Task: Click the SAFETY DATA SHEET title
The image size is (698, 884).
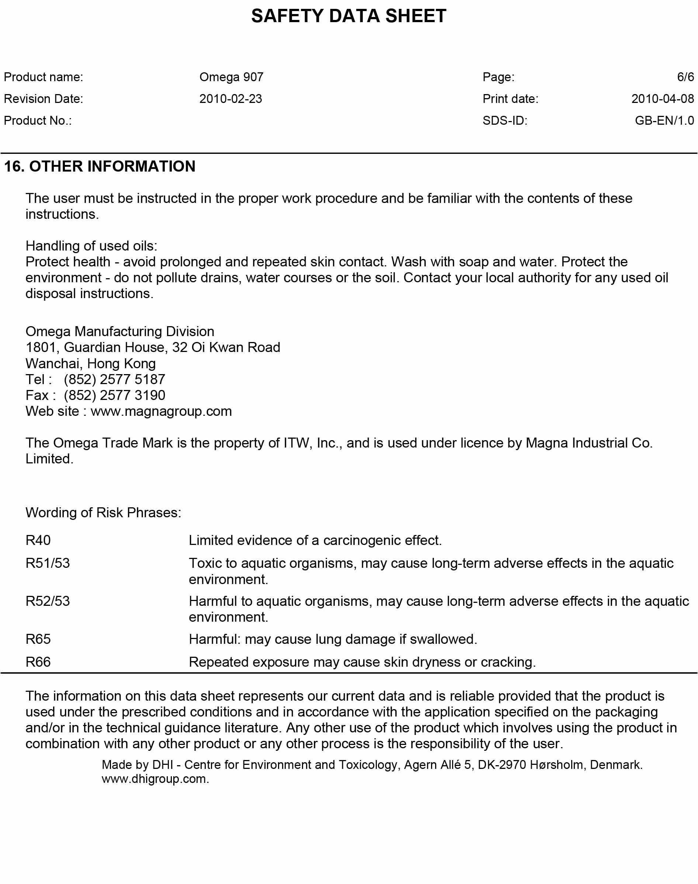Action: [x=348, y=16]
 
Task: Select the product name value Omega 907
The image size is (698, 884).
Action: [x=231, y=77]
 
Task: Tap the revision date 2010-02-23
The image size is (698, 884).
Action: [x=230, y=99]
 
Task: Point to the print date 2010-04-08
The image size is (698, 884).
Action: [x=663, y=99]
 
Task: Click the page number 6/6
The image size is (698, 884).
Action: [x=685, y=77]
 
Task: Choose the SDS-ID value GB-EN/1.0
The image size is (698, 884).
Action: [x=664, y=121]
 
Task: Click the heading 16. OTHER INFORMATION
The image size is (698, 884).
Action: [x=100, y=166]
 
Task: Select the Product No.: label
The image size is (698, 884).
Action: [x=38, y=121]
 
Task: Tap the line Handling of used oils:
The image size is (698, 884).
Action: [x=91, y=246]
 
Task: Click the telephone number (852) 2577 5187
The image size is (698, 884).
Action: [x=114, y=379]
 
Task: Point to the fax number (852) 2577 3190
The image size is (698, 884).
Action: [x=114, y=396]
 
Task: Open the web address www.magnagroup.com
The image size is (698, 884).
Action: [x=161, y=411]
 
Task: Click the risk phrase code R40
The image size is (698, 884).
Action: [x=38, y=541]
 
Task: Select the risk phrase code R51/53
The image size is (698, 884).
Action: [x=48, y=563]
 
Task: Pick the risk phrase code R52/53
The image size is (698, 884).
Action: [x=48, y=601]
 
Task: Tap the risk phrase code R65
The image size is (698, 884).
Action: [x=38, y=639]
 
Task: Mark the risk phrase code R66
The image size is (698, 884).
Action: [x=38, y=662]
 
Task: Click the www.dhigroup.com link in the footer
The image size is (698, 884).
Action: [x=155, y=779]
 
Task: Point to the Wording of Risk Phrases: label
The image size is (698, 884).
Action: [x=103, y=513]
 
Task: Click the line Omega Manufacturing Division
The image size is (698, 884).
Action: [x=120, y=331]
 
